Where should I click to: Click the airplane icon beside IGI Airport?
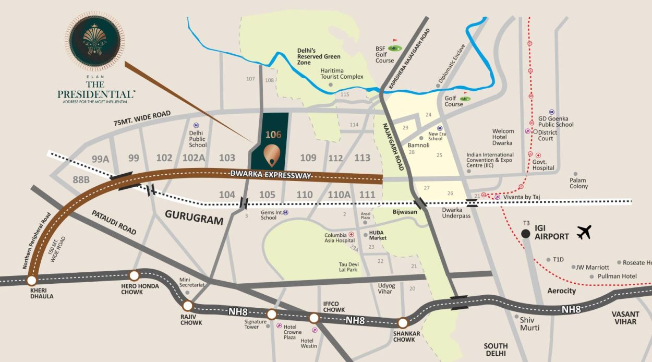(584, 232)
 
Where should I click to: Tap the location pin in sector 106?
(271, 154)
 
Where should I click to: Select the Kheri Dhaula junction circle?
(32, 281)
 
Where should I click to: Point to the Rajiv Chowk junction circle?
(188, 306)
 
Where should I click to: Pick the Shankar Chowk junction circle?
(402, 323)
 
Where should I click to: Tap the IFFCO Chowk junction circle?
(313, 318)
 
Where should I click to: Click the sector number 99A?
(100, 159)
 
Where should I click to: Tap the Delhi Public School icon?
(196, 125)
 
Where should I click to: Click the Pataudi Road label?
(114, 222)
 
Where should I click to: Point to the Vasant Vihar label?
(625, 318)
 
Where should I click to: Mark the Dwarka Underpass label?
(456, 212)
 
